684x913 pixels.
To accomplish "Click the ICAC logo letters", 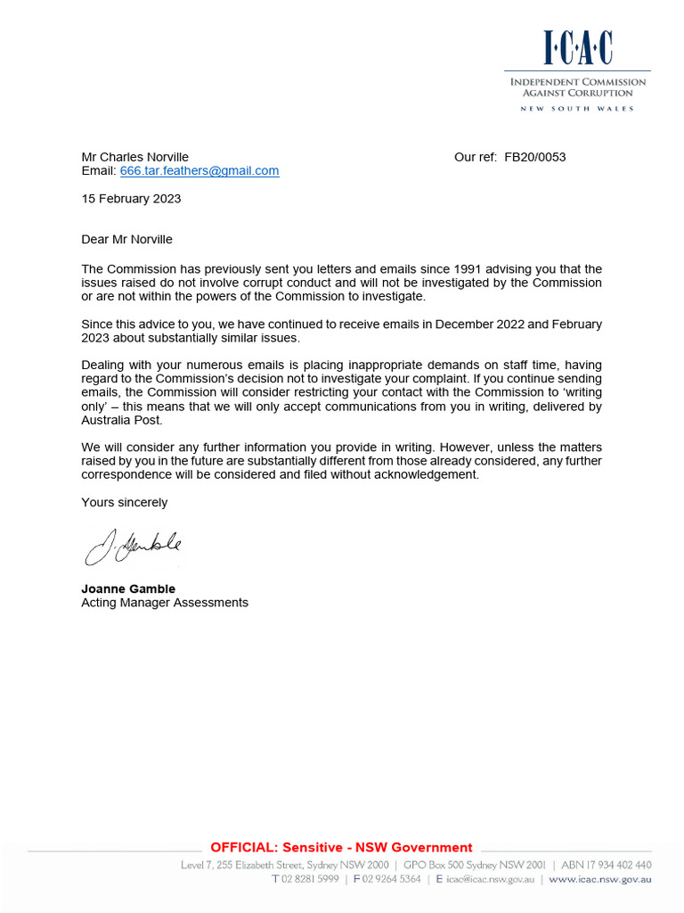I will (x=577, y=48).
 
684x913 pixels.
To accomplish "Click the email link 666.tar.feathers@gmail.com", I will (x=199, y=171).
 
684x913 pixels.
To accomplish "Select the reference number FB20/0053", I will (x=534, y=157).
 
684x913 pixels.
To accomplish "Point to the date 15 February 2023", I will (x=131, y=199).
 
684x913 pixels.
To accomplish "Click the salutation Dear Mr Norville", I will (x=126, y=240).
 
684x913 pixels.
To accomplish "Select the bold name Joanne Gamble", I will (x=128, y=589).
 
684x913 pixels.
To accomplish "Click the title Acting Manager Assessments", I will (x=165, y=603).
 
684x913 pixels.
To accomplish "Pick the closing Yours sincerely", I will (x=124, y=503).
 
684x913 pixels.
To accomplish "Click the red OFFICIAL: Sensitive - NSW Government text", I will (x=341, y=848).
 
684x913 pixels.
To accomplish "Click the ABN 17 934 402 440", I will (x=607, y=865).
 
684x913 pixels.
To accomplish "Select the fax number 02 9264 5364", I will (x=391, y=879).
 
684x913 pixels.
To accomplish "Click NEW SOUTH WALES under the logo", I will (x=577, y=109).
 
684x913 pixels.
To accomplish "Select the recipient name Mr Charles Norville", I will (x=134, y=157).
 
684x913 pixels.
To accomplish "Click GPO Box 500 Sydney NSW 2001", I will (x=475, y=865).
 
